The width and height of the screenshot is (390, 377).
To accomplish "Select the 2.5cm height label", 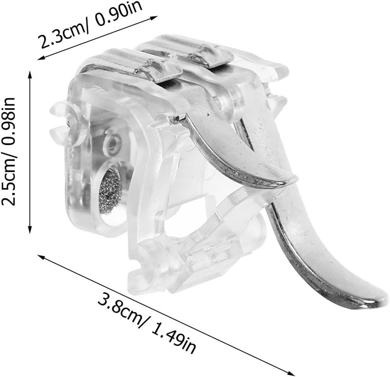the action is coord(9,179).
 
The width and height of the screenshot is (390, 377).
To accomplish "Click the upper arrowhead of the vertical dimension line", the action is coord(30,74).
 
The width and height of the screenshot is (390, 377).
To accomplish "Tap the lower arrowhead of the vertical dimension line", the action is coord(30,230).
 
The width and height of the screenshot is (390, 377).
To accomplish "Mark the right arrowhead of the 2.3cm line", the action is coord(154,18).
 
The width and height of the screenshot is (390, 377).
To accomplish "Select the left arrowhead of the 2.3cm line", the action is coord(41,58).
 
